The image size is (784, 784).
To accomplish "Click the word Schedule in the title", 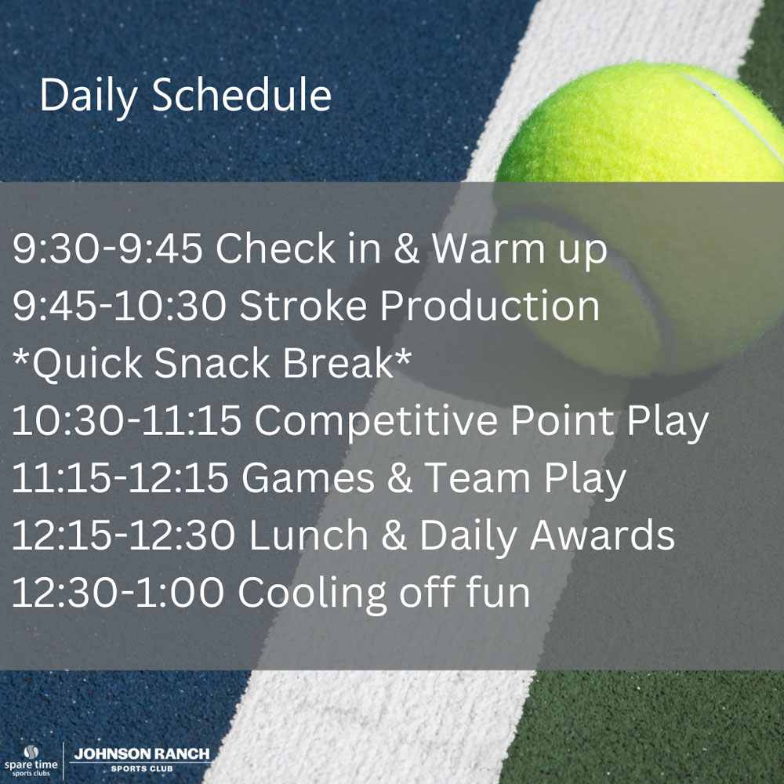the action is [x=241, y=95].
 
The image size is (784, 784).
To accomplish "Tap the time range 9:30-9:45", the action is [x=107, y=248].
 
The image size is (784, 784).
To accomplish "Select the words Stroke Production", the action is [x=419, y=306].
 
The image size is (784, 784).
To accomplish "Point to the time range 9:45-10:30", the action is [x=119, y=306].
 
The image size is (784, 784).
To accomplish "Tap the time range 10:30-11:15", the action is [x=126, y=420].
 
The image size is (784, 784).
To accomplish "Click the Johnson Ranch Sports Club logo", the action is [x=142, y=760].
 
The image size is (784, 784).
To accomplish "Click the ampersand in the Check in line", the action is [x=406, y=248].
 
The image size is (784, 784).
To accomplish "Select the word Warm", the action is [x=488, y=248].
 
